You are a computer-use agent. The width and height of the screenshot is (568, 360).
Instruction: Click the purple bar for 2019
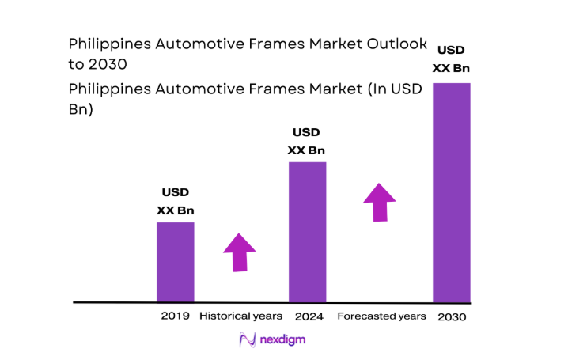pos(175,262)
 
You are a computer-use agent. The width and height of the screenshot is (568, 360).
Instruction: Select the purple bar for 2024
pos(307,232)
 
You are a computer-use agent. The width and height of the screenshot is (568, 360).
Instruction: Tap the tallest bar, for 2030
pos(451,192)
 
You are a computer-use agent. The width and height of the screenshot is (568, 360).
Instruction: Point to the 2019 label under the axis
pos(175,316)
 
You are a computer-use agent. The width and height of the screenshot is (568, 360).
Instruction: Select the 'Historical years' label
pos(240,316)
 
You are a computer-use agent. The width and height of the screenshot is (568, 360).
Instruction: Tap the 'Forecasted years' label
pos(381,316)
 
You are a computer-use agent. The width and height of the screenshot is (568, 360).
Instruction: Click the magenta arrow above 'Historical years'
pos(240,252)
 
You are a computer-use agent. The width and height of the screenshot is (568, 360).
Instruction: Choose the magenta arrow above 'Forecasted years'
pos(380,203)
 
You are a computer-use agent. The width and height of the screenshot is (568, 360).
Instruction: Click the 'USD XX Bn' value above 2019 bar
pos(175,201)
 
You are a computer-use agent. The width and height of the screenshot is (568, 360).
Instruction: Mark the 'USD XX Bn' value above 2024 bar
pos(306,141)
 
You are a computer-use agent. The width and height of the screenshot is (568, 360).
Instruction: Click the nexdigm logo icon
pos(245,339)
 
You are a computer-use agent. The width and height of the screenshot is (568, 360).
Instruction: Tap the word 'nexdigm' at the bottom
pos(282,339)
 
